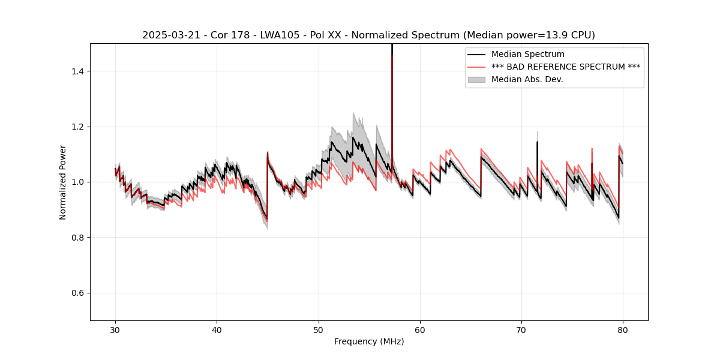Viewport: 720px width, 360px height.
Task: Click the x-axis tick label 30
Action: pos(116,330)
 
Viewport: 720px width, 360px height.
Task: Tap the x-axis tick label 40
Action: pos(217,330)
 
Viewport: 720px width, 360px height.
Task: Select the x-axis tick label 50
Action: pos(319,330)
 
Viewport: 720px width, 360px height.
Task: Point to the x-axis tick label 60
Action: pos(420,330)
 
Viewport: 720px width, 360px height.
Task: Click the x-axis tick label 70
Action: pos(521,330)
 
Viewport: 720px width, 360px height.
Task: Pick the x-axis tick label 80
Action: pos(623,330)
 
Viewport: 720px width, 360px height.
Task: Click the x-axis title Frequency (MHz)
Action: pos(369,341)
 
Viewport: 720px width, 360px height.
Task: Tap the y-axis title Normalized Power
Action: pos(63,182)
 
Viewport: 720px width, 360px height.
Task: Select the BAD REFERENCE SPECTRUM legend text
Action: pos(566,67)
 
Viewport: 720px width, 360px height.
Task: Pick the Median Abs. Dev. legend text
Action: pos(527,79)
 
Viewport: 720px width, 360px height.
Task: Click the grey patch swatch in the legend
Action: pos(477,79)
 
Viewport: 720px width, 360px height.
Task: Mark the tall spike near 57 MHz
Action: pos(392,90)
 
